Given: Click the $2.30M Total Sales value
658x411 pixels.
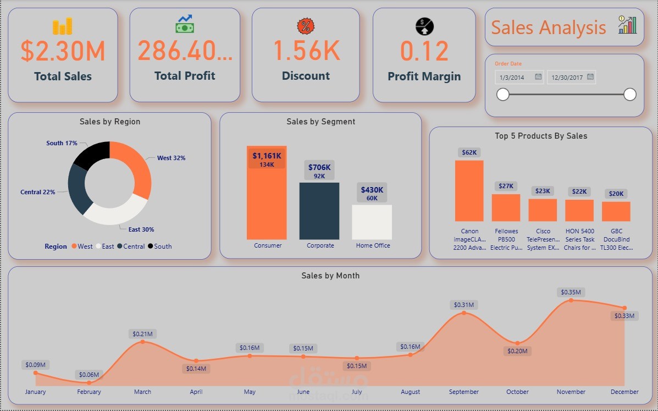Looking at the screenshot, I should (63, 51).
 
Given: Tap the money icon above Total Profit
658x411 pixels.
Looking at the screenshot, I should (185, 24).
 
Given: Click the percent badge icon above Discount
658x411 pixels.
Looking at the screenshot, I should (306, 26).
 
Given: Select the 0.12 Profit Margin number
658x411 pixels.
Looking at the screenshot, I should (424, 51).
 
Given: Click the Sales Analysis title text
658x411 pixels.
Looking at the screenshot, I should (548, 28).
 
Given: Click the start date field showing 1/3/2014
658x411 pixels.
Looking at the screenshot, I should (513, 77).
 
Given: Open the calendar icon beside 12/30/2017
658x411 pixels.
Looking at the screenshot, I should (590, 77).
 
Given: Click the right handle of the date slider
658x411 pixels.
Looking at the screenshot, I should (630, 95).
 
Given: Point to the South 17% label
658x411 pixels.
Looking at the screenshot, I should (62, 143).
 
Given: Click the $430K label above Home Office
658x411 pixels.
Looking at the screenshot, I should (372, 190).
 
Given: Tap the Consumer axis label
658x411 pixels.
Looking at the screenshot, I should (268, 245).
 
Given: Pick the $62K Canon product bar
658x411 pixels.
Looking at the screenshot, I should (469, 190).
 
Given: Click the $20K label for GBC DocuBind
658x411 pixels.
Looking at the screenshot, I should (616, 194).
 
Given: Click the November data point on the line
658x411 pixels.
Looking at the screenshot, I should (571, 300).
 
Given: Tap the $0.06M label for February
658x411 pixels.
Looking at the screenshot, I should (89, 375).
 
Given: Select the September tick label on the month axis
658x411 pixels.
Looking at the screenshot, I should (464, 392).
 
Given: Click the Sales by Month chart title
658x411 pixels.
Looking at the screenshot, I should (330, 276).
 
